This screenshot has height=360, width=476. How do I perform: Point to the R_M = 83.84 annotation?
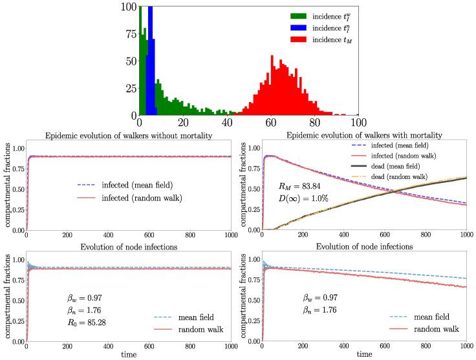[x=302, y=187]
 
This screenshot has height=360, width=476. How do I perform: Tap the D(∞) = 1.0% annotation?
[x=303, y=198]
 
